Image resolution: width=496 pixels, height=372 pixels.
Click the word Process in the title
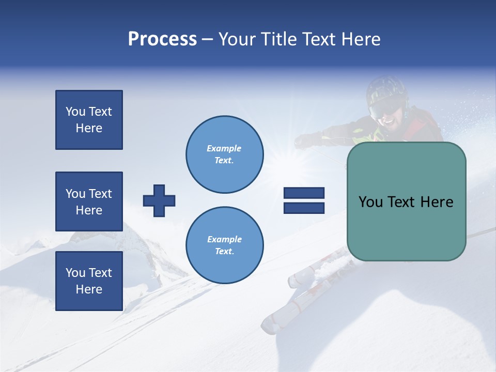pyautogui.click(x=162, y=39)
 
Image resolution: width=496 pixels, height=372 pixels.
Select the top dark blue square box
pyautogui.click(x=89, y=120)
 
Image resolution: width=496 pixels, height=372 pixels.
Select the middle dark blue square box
pyautogui.click(x=89, y=202)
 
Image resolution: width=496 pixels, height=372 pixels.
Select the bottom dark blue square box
pyautogui.click(x=89, y=281)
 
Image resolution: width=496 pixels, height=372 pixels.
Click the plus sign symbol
pyautogui.click(x=159, y=200)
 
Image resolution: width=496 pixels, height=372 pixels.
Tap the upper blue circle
pyautogui.click(x=225, y=154)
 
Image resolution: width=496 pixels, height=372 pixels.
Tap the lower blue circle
pyautogui.click(x=225, y=245)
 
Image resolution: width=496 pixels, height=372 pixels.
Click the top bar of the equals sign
pyautogui.click(x=304, y=193)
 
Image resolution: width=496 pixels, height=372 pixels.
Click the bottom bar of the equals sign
pyautogui.click(x=304, y=208)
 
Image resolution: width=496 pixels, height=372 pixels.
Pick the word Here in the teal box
pyautogui.click(x=437, y=202)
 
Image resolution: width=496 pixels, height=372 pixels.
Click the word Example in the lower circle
pyautogui.click(x=224, y=239)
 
